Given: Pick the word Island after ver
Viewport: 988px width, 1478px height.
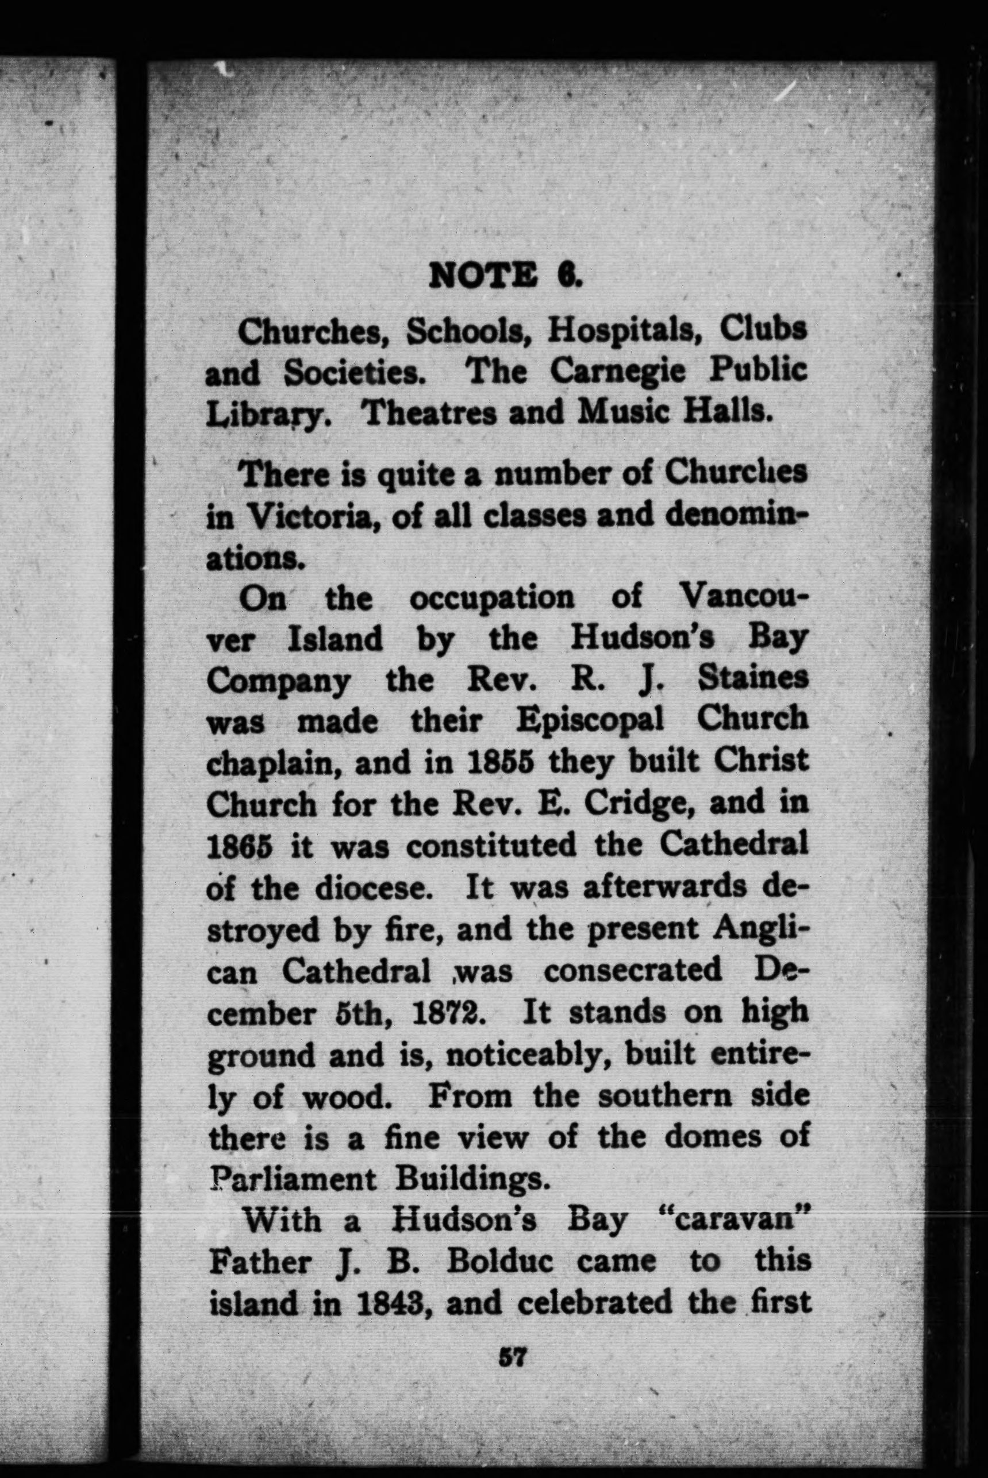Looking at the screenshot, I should (335, 639).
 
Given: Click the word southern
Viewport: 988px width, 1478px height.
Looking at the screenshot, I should (662, 1096).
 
